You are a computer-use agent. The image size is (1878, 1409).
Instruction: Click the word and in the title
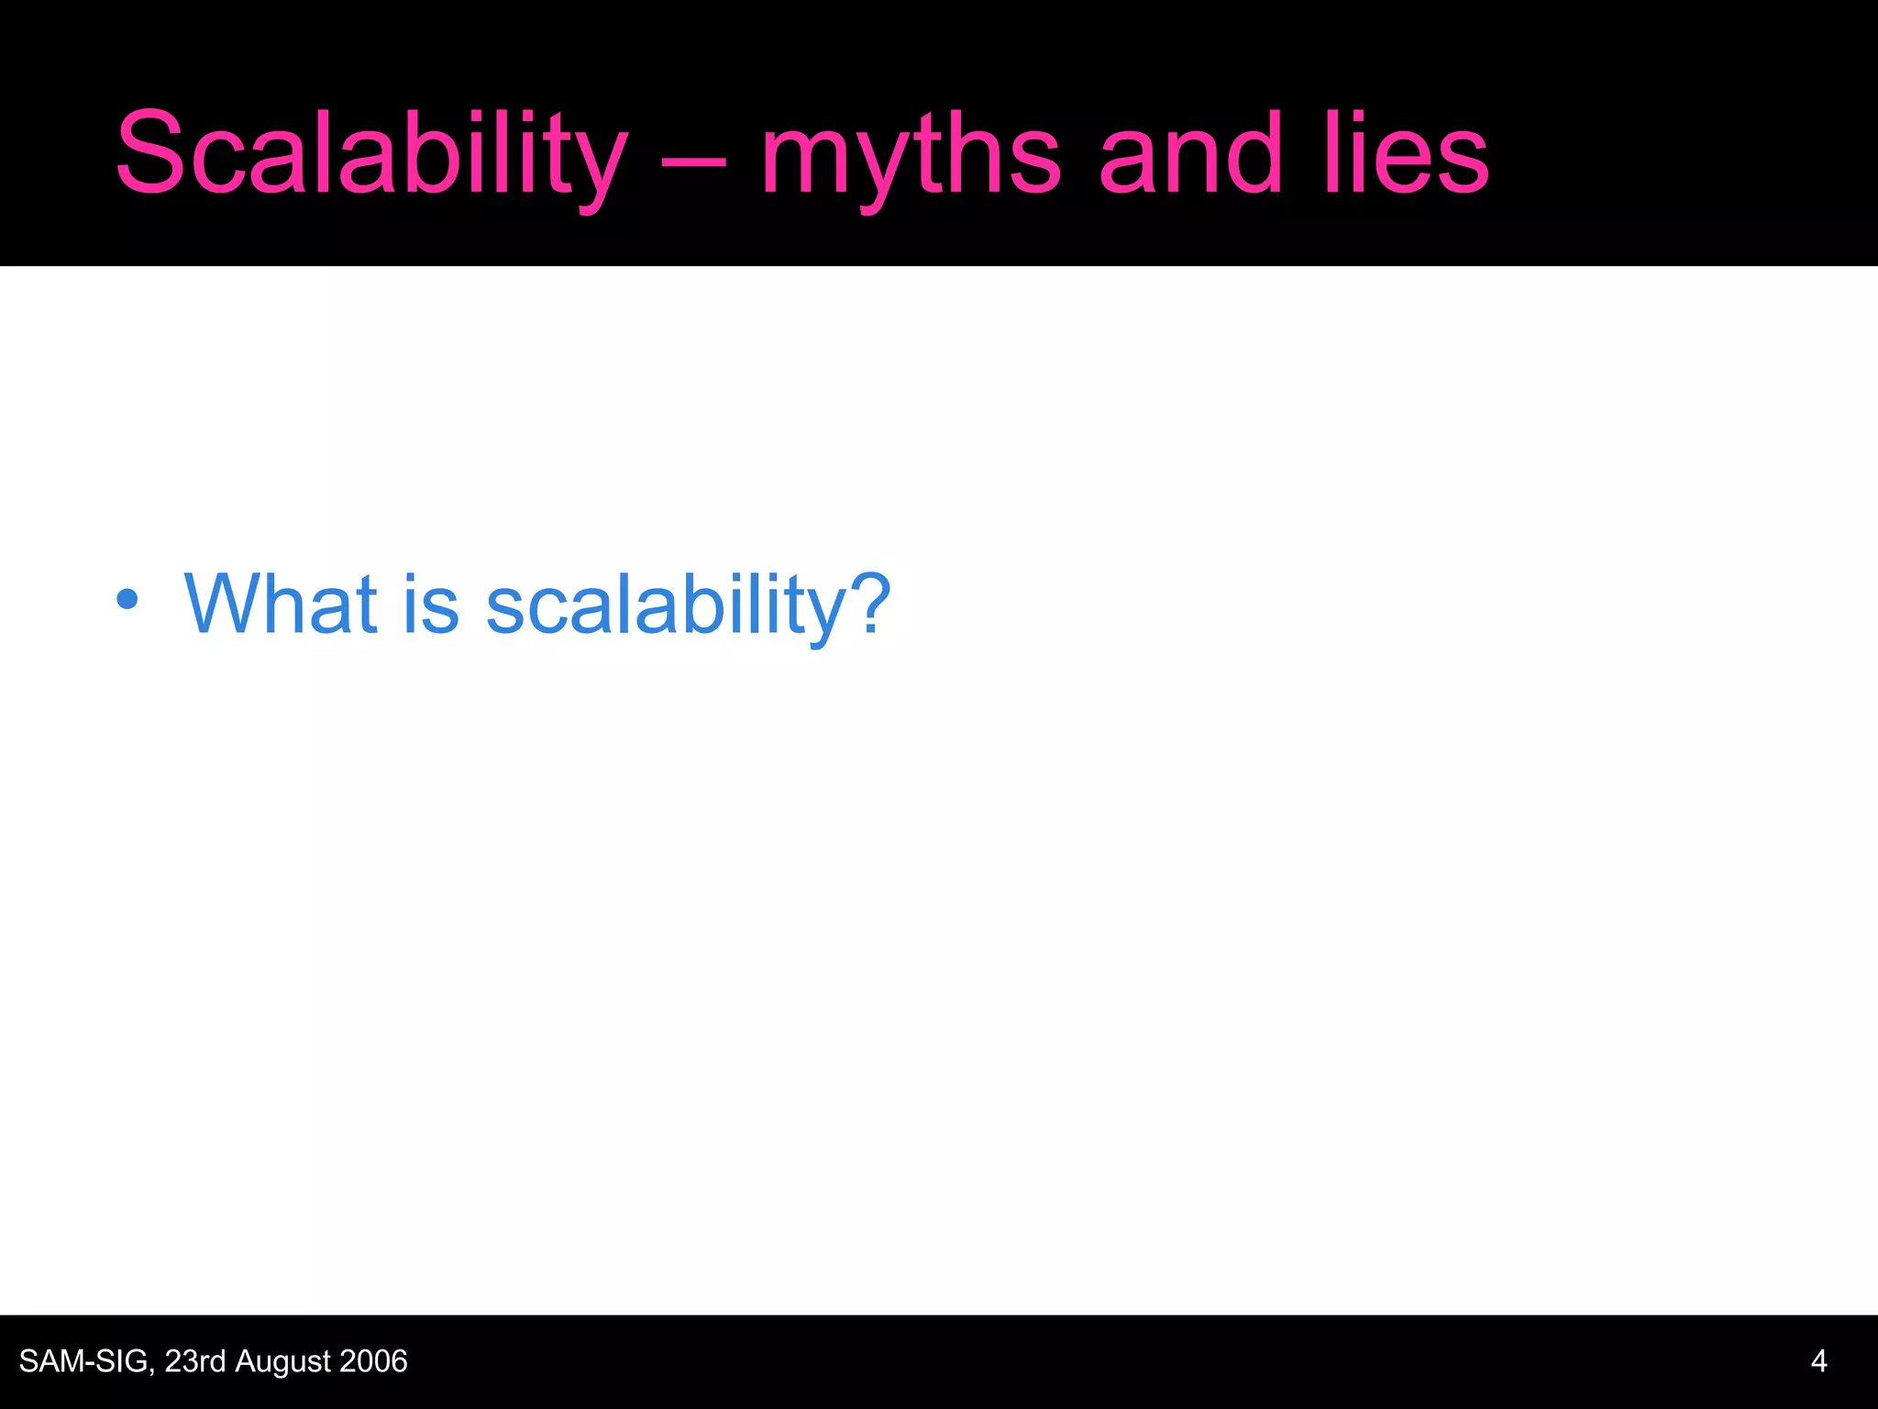click(1189, 154)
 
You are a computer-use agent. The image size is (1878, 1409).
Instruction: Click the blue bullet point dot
click(127, 600)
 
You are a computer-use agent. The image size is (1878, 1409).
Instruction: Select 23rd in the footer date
click(194, 1361)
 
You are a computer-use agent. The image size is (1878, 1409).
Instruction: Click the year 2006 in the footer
click(372, 1361)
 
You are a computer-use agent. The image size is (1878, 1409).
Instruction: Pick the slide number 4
click(1819, 1361)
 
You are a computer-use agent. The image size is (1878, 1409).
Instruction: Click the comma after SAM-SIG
click(152, 1370)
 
